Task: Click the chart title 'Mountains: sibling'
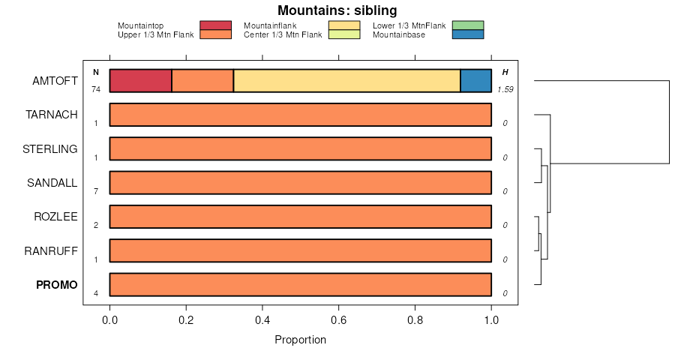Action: (337, 10)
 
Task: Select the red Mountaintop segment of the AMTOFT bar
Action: (141, 80)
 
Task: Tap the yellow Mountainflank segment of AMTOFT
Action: (346, 80)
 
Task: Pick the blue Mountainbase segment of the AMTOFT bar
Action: (475, 80)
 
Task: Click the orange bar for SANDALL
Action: (300, 183)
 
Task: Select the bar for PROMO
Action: (300, 285)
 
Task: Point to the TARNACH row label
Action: (52, 115)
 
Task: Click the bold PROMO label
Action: (57, 285)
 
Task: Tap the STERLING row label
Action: (50, 148)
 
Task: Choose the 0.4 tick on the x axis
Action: (262, 319)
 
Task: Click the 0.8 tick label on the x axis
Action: (415, 319)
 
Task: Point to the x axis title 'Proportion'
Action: (300, 340)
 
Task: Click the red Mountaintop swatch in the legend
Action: (215, 25)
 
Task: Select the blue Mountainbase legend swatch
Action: (469, 34)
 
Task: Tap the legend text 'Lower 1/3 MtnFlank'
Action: (409, 25)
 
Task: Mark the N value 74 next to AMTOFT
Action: (96, 89)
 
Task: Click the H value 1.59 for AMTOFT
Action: (505, 89)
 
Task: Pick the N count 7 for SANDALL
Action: (96, 191)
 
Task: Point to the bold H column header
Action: (505, 72)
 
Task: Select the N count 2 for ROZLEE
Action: (96, 225)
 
